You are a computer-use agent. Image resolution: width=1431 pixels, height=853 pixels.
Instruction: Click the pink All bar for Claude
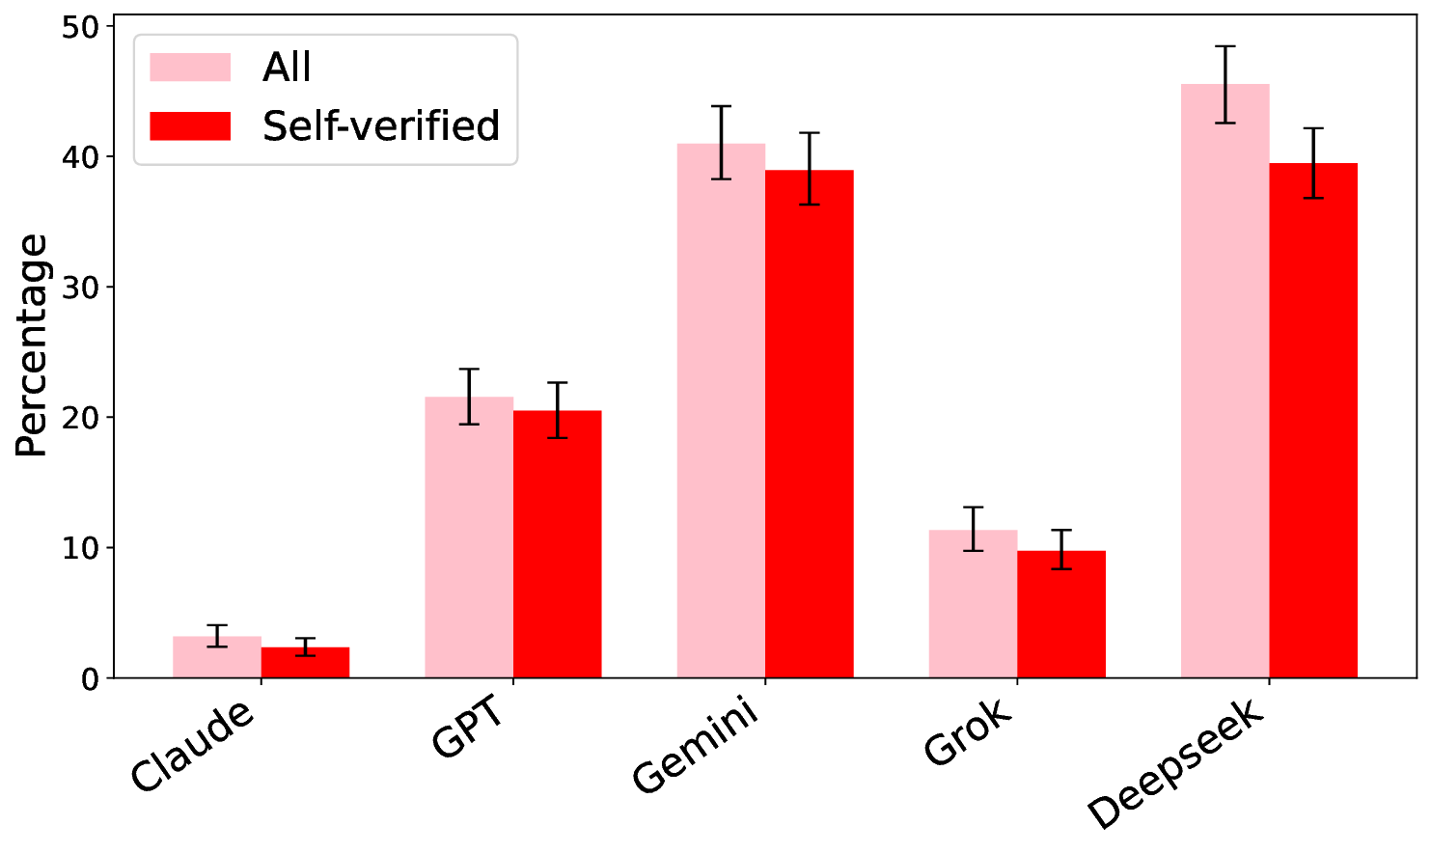click(217, 658)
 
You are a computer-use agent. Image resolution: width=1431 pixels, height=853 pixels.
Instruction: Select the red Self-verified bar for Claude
click(305, 663)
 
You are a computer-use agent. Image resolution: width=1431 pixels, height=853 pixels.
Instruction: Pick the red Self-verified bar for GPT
click(557, 544)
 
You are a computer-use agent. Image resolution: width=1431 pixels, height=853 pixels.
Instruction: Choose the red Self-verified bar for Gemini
click(809, 425)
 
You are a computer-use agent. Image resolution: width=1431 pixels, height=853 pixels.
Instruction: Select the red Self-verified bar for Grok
click(1060, 615)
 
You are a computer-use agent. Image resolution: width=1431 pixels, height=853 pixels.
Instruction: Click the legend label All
click(287, 68)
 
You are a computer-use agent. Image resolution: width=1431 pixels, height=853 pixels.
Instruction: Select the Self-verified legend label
click(381, 126)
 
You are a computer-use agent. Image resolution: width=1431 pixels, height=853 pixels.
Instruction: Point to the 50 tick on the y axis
click(81, 27)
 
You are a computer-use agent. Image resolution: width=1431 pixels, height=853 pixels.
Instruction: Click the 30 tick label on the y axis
click(81, 288)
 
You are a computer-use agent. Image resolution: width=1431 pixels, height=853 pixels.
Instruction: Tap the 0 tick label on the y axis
click(91, 679)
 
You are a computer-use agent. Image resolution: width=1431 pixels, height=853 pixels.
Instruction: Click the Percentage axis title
click(32, 345)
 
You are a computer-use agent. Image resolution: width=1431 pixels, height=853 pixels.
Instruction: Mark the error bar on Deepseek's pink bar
click(1225, 84)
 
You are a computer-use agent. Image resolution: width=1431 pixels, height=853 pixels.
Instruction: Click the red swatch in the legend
click(190, 126)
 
